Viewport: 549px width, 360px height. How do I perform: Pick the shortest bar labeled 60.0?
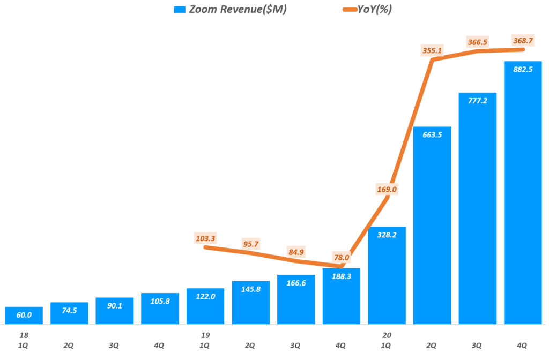pos(24,316)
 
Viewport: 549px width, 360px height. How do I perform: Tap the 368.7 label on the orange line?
pos(523,40)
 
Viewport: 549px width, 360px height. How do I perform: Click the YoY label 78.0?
pos(340,258)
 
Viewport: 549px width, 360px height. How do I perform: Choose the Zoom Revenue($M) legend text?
pos(238,10)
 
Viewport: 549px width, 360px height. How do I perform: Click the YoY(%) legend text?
pos(374,10)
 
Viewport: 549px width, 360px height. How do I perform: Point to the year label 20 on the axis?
pos(387,335)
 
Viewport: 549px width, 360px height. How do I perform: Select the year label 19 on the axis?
pos(205,335)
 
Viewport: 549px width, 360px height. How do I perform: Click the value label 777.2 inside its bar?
pos(478,101)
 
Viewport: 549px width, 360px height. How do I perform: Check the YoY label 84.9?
pos(296,252)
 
